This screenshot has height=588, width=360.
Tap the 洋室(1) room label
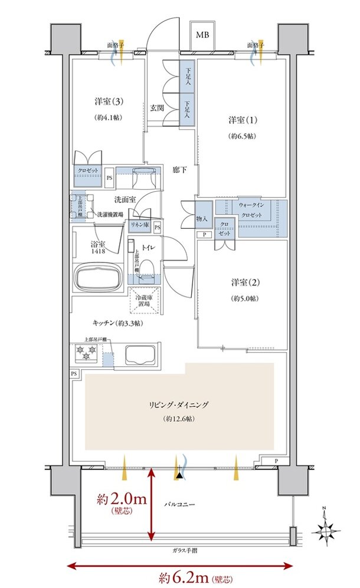(241, 120)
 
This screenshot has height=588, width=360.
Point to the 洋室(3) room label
(109, 102)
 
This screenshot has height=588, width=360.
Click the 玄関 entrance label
(156, 108)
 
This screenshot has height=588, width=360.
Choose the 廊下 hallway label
(180, 170)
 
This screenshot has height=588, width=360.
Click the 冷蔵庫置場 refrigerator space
(145, 301)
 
